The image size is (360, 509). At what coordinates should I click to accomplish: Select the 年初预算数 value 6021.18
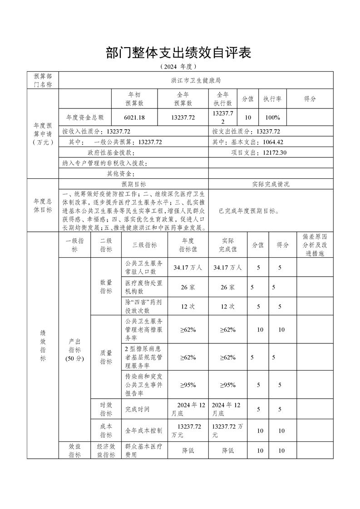pyautogui.click(x=134, y=117)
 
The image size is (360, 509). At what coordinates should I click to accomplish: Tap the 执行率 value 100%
pyautogui.click(x=272, y=117)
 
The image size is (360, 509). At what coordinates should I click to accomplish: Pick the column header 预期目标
pyautogui.click(x=133, y=184)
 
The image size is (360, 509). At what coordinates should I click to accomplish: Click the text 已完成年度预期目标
pyautogui.click(x=249, y=211)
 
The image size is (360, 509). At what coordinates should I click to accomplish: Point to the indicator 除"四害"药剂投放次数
pyautogui.click(x=144, y=306)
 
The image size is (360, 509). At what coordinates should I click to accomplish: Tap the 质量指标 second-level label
pyautogui.click(x=106, y=357)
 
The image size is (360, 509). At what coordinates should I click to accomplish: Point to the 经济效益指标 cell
pyautogui.click(x=106, y=451)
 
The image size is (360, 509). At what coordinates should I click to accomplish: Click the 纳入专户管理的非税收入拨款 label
pyautogui.click(x=105, y=163)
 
